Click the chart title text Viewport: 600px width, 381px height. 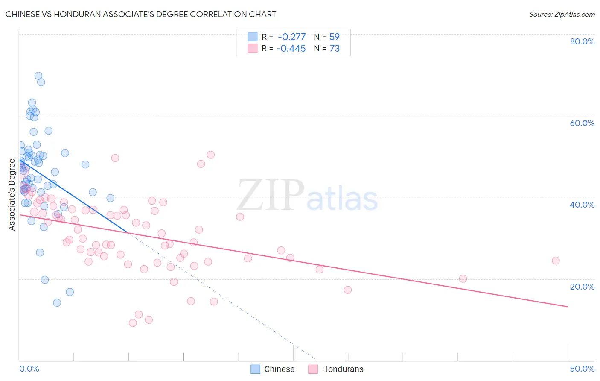(x=141, y=14)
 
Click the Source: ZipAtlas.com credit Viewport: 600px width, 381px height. (x=562, y=14)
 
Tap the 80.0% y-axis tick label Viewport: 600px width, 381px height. (x=582, y=41)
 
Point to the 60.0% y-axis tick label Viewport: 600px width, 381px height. (x=582, y=123)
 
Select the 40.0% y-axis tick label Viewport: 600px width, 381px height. (x=582, y=205)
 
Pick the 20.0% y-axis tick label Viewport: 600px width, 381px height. (x=582, y=286)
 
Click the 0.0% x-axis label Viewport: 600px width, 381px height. (x=29, y=369)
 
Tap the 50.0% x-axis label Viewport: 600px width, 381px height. (x=582, y=369)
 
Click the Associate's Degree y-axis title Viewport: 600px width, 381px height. (x=12, y=195)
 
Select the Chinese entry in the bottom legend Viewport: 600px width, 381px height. (x=279, y=369)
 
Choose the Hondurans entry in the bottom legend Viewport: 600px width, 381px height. (x=342, y=369)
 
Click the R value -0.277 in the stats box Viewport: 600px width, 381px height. (x=291, y=37)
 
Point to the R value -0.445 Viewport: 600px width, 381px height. (x=291, y=48)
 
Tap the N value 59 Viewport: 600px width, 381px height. (x=335, y=37)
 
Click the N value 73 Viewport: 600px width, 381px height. (x=335, y=48)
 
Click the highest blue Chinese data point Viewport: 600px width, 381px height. (x=38, y=76)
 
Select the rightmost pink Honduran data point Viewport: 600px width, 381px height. (x=556, y=261)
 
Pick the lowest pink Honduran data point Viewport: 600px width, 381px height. (x=133, y=323)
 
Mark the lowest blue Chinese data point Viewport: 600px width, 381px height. (x=57, y=303)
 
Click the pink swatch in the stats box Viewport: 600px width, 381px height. (x=253, y=48)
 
